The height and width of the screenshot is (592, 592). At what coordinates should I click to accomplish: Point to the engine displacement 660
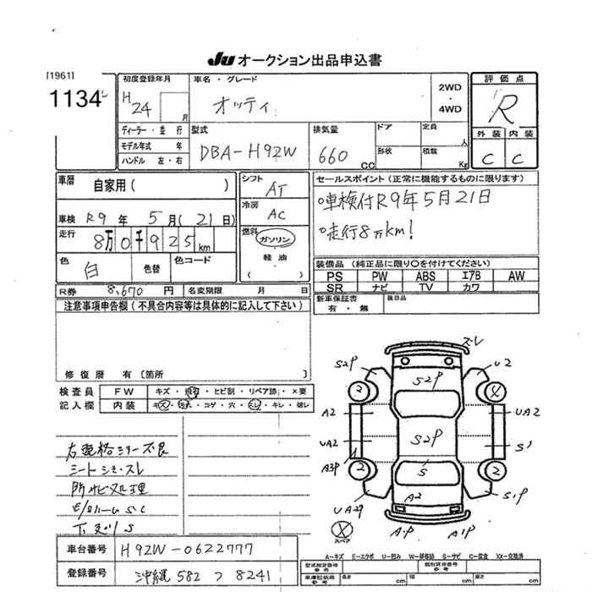click(x=335, y=154)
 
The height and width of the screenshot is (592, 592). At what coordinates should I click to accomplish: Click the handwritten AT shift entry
click(x=276, y=191)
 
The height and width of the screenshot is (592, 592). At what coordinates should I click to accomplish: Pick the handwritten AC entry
click(x=277, y=215)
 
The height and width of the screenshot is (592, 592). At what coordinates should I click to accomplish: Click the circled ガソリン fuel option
click(x=274, y=239)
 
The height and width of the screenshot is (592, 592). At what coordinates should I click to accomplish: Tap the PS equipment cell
click(x=334, y=276)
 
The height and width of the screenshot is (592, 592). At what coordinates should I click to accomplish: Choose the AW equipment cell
click(x=517, y=276)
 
